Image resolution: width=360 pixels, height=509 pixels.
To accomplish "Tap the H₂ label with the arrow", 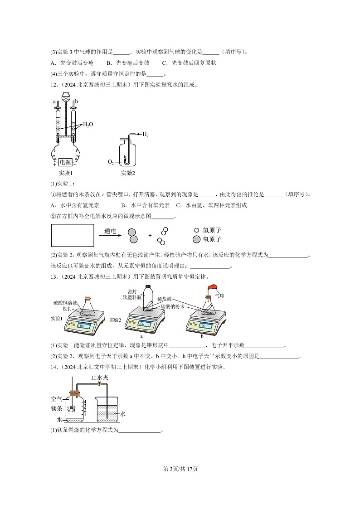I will (146, 135).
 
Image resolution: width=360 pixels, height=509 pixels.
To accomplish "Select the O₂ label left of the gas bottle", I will (111, 161).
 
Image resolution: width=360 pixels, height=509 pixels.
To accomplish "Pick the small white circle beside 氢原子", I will (196, 230).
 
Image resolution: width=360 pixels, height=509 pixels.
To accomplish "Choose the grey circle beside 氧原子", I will (196, 239).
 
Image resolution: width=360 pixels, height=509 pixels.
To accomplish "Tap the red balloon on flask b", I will (213, 287).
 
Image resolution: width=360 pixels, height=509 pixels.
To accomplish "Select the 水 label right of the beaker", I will (122, 414).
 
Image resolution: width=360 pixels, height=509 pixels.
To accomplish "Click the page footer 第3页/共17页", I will (180, 469).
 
